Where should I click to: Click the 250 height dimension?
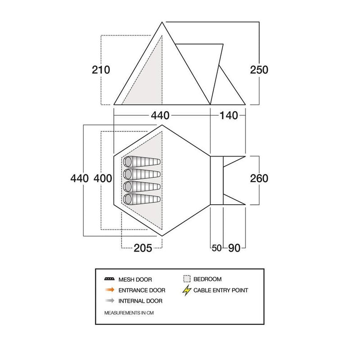[259, 70]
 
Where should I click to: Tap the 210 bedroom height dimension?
[101, 70]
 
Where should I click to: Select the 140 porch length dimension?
[229, 116]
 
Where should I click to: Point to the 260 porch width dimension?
[259, 178]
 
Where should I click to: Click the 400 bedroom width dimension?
[103, 178]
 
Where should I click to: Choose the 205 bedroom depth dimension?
[143, 248]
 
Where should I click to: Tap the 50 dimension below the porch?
[216, 248]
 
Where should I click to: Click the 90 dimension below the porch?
[234, 248]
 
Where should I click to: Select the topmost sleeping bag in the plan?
[142, 162]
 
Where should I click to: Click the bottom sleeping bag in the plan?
[142, 199]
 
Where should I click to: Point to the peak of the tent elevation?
[162, 22]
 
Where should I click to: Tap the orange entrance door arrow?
[110, 290]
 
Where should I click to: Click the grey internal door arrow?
[110, 301]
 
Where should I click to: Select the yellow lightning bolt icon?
[187, 290]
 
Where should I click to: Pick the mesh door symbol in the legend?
[109, 279]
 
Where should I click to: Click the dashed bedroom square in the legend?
[187, 279]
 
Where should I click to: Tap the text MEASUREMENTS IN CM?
[129, 313]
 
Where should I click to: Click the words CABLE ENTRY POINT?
[220, 290]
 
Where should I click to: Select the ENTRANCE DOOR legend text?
[142, 290]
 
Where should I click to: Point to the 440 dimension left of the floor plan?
[80, 178]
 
